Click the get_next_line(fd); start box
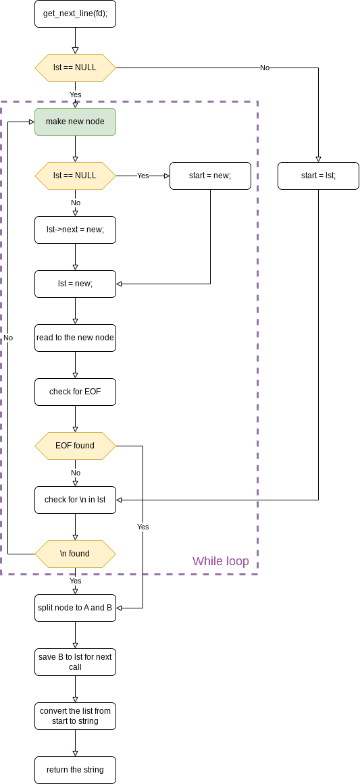[75, 14]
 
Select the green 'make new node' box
[75, 122]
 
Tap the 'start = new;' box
[210, 176]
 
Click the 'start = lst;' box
[318, 176]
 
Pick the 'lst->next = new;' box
[75, 230]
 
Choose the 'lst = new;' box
[75, 284]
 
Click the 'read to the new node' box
[75, 338]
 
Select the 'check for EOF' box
[75, 392]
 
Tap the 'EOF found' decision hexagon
[75, 446]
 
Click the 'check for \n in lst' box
[75, 500]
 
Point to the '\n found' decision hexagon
[75, 554]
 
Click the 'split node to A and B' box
[75, 608]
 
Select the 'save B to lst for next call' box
[75, 662]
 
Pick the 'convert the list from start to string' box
[75, 716]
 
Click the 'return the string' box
[75, 770]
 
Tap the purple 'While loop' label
[220, 561]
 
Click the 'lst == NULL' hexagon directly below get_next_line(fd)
[75, 68]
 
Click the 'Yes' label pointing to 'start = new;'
[143, 176]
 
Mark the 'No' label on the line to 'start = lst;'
[265, 68]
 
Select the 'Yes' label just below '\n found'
[75, 581]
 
